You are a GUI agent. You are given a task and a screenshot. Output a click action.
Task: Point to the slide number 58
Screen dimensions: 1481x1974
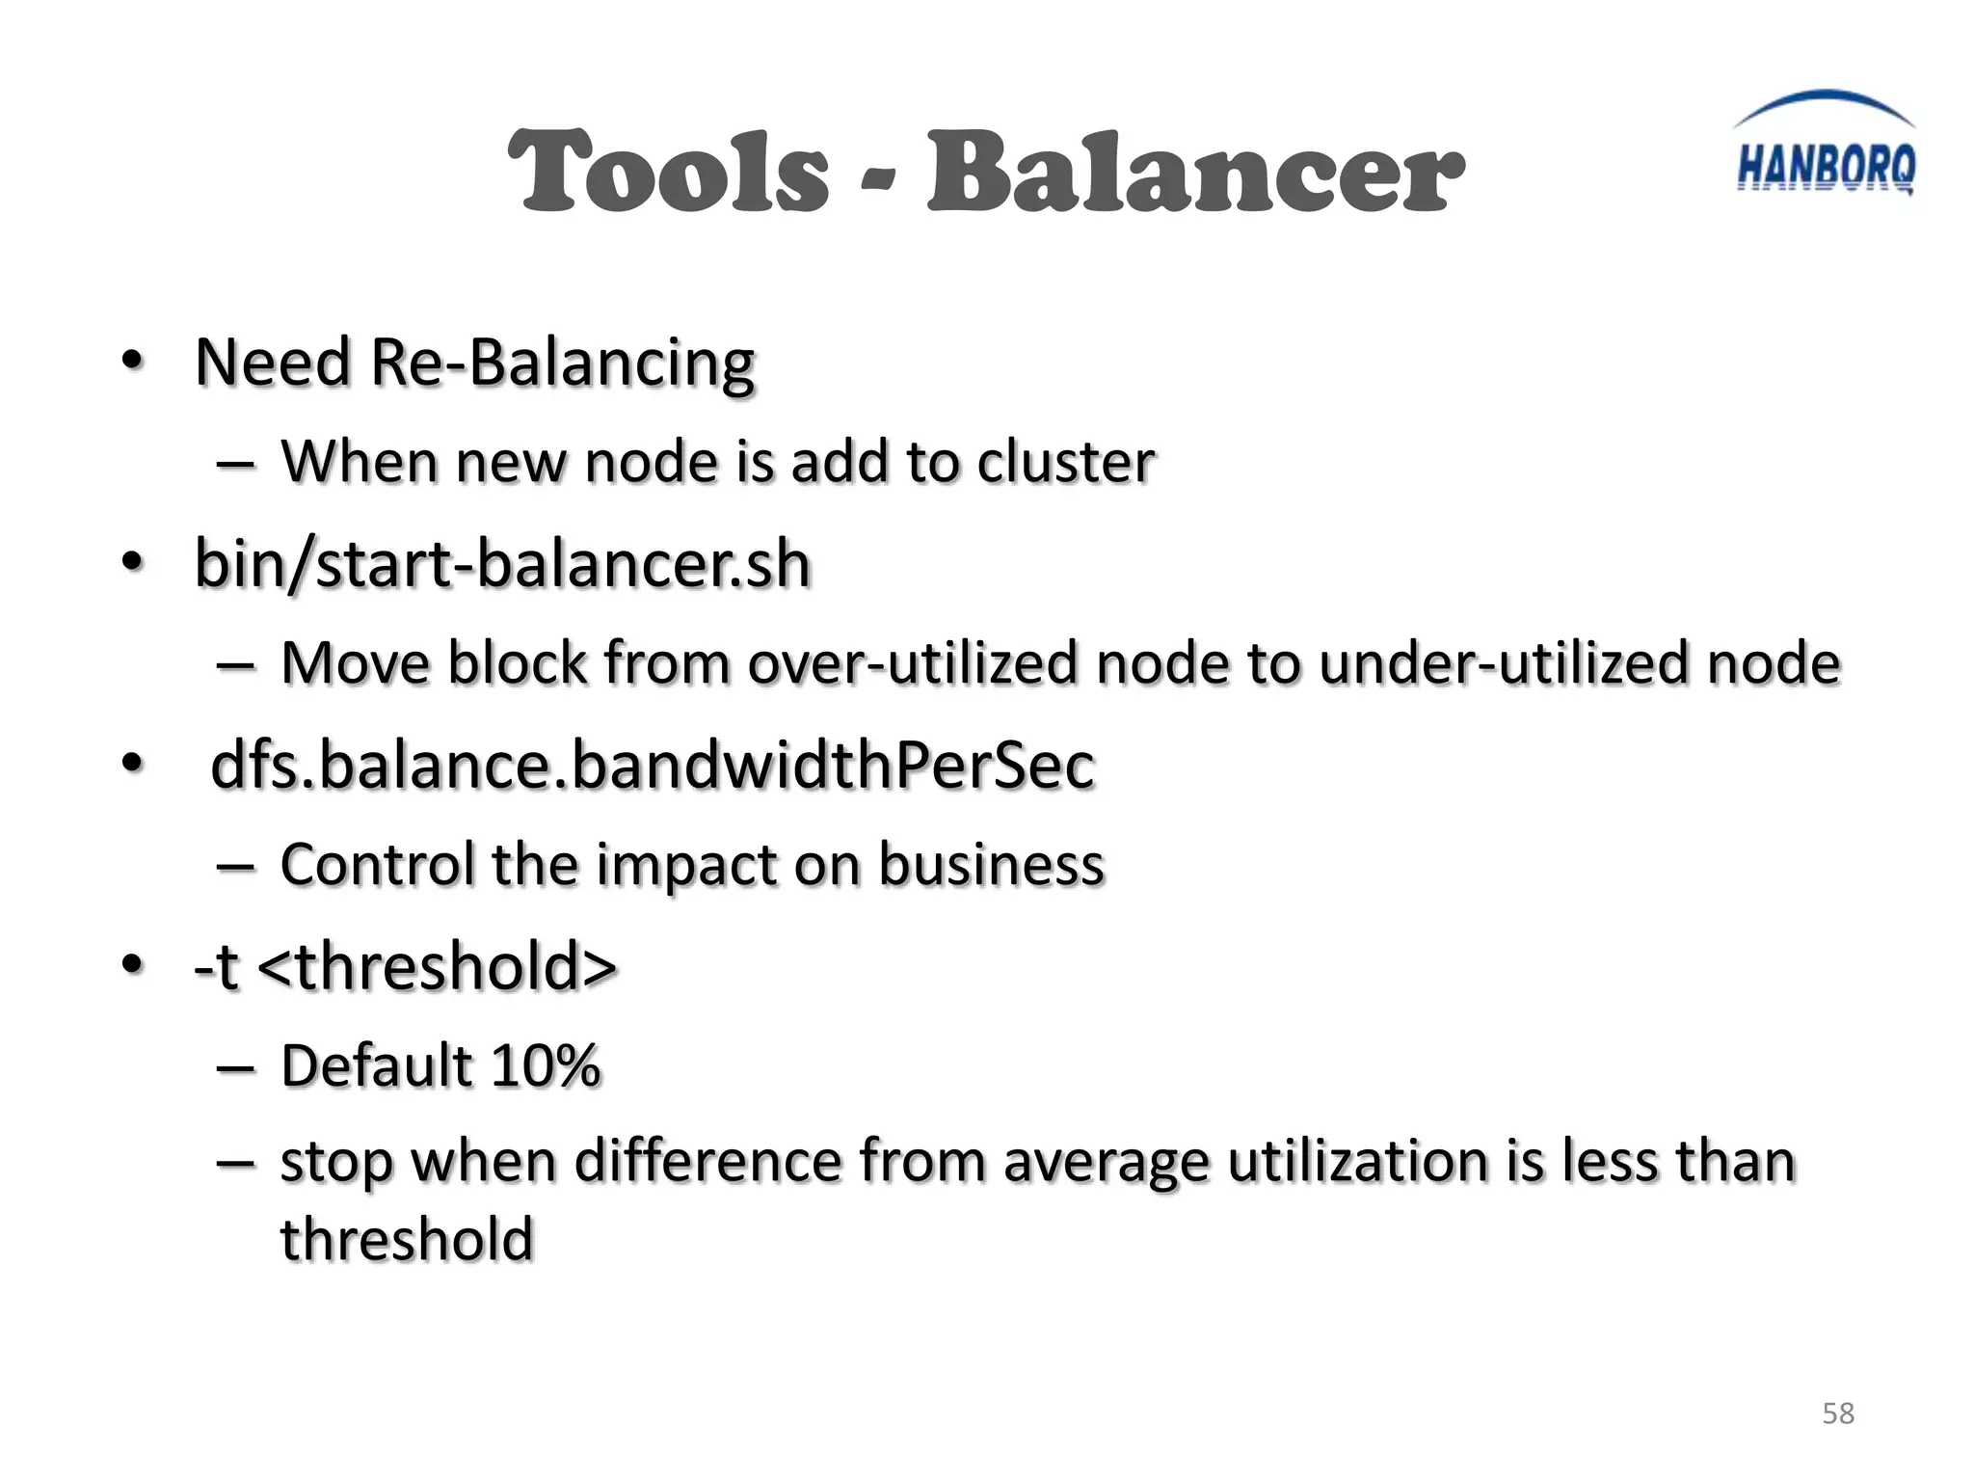pyautogui.click(x=1838, y=1414)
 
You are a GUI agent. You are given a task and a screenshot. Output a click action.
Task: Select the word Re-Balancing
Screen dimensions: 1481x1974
pyautogui.click(x=562, y=364)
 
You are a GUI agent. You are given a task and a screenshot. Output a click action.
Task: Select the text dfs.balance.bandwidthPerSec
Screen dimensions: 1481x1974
pyautogui.click(x=653, y=766)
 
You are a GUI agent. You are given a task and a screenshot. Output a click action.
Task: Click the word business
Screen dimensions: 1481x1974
pyautogui.click(x=991, y=864)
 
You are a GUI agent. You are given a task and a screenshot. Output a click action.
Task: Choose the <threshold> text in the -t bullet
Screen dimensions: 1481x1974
pyautogui.click(x=438, y=966)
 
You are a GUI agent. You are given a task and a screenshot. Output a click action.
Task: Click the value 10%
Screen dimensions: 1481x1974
pyautogui.click(x=546, y=1065)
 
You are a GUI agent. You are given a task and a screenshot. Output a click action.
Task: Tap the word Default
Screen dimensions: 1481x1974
pyautogui.click(x=377, y=1065)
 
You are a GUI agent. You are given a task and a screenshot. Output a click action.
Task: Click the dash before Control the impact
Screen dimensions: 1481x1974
pyautogui.click(x=236, y=866)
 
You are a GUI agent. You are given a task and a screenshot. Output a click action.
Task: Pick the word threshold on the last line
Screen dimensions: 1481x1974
pyautogui.click(x=407, y=1240)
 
